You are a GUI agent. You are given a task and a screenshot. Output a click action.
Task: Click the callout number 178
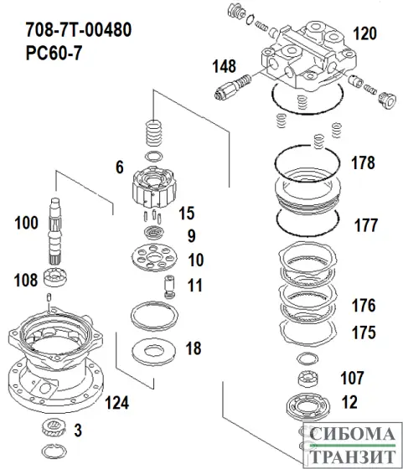coord(364,163)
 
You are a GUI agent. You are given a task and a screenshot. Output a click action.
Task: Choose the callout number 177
coord(364,224)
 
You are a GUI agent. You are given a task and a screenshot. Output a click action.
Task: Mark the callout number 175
coord(363,332)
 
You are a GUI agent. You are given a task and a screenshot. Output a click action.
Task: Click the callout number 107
coord(351,376)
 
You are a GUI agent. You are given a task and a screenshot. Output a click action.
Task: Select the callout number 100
coord(27,223)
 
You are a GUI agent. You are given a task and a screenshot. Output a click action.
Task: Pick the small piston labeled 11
coord(170,286)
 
